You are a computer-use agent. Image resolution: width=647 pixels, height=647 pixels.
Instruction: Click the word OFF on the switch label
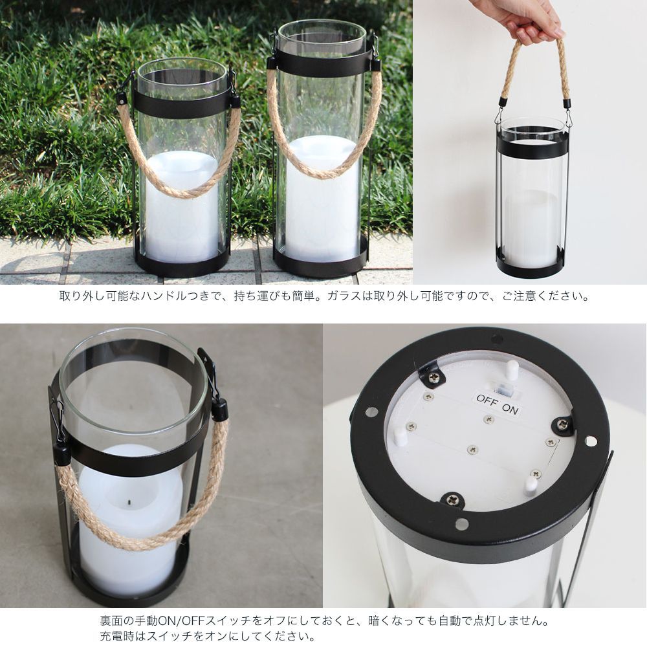click(486, 399)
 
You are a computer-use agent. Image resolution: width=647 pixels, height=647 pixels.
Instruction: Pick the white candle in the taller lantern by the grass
click(322, 201)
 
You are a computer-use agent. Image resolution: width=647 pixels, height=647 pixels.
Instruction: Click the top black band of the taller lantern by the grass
click(322, 63)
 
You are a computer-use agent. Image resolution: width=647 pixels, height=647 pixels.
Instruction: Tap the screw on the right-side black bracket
click(562, 424)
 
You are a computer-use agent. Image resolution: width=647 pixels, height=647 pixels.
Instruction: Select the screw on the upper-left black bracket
click(432, 377)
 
